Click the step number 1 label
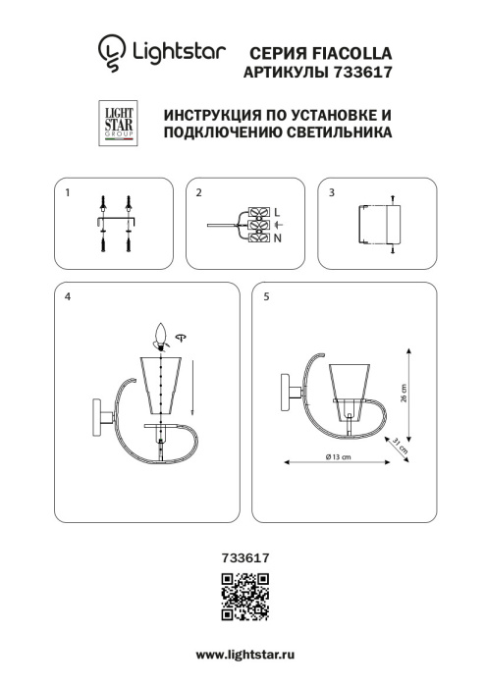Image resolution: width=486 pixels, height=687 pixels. (67, 193)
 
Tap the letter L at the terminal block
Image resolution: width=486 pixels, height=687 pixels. (277, 211)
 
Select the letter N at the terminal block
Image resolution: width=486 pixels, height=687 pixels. (277, 238)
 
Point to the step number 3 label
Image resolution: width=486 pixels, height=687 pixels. (332, 193)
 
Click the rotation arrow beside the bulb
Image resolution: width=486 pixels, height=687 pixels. (182, 337)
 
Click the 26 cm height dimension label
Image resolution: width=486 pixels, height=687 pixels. (419, 396)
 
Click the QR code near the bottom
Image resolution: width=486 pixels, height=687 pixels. (242, 597)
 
